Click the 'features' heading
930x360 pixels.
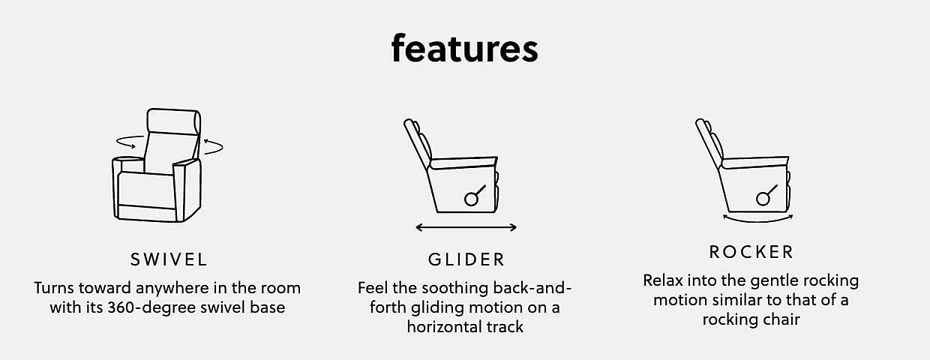pos(464,49)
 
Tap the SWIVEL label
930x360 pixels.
pos(169,260)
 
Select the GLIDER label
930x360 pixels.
pos(466,260)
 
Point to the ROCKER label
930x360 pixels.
pos(751,252)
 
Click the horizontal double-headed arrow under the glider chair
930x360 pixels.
pos(466,227)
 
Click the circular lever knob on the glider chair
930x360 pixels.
pos(471,199)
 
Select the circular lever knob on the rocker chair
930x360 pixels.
pos(763,199)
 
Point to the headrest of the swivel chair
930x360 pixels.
pos(174,121)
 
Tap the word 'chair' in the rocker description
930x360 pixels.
pos(782,319)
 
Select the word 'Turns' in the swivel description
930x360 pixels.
pos(54,288)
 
